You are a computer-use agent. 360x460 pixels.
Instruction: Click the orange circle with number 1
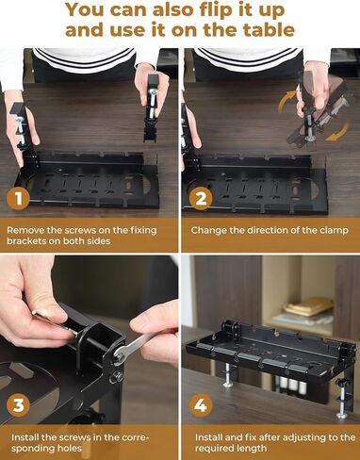point(16,199)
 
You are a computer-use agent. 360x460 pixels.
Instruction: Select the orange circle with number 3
point(16,406)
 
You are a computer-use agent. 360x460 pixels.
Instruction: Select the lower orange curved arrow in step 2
point(335,133)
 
